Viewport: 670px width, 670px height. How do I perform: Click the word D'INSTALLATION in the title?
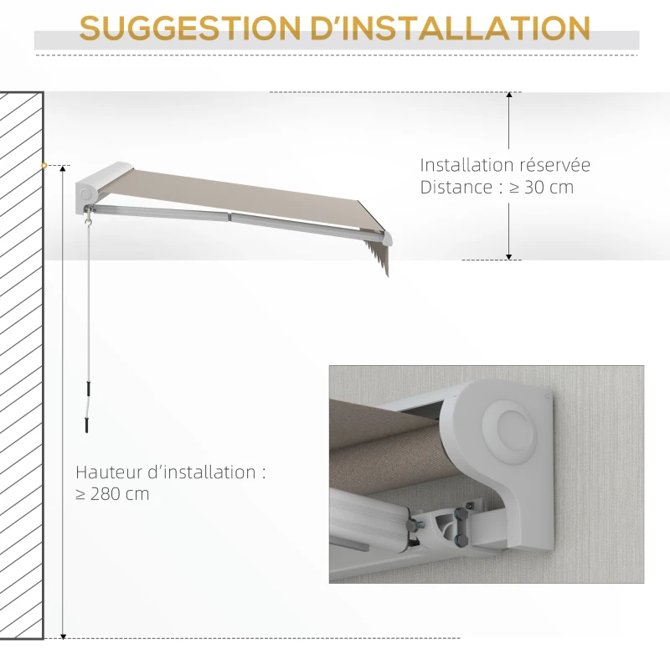point(451,28)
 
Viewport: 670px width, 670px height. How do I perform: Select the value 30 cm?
point(549,188)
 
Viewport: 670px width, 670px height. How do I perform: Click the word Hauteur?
point(109,472)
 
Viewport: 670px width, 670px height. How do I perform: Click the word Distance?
point(456,188)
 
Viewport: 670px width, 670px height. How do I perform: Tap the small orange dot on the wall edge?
point(44,165)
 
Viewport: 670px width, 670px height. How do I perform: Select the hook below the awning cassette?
point(89,223)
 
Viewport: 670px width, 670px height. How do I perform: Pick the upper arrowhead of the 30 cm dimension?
point(509,95)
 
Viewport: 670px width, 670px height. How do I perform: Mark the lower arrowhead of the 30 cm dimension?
point(509,256)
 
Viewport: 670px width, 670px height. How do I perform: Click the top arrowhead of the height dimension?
point(63,169)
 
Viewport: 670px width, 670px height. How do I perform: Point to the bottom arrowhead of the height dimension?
point(63,636)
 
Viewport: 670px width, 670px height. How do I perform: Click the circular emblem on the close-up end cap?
point(510,430)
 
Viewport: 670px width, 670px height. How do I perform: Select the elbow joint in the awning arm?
point(229,217)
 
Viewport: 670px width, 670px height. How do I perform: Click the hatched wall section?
point(22,365)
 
